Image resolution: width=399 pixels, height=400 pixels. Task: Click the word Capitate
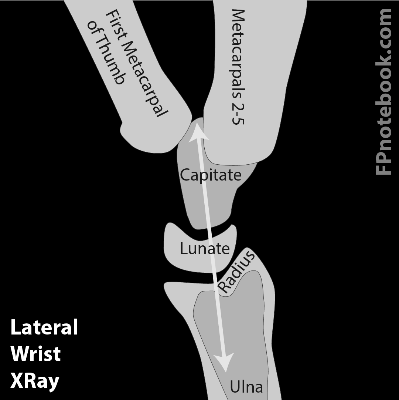pos(210,175)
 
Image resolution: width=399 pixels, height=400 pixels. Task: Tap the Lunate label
pos(204,249)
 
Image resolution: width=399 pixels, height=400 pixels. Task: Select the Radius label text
pos(236,272)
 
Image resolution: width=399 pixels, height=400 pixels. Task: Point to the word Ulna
pos(246,387)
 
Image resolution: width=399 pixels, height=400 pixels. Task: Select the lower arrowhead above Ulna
pos(224,363)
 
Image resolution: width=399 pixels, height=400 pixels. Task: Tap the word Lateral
pos(44,327)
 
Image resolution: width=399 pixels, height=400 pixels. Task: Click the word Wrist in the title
pos(35,354)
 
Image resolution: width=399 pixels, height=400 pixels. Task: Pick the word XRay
pos(35,381)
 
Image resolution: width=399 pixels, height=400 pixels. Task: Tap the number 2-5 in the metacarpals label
pos(238,113)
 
